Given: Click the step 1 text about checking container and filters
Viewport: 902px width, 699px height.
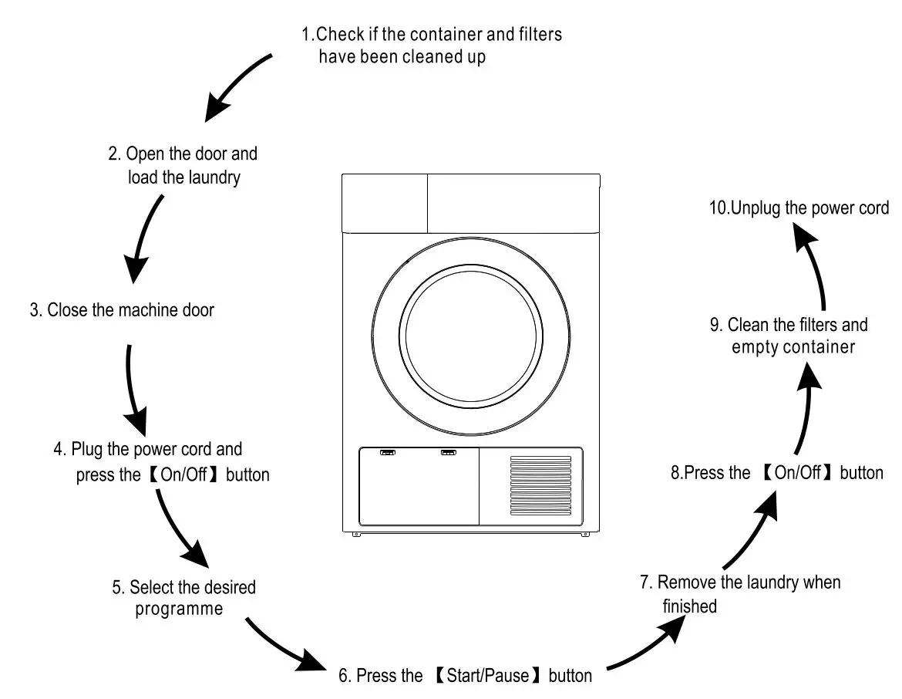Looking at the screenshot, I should point(431,46).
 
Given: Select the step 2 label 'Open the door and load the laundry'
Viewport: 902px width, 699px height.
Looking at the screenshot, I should point(183,165).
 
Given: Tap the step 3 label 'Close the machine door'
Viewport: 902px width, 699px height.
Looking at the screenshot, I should point(122,310).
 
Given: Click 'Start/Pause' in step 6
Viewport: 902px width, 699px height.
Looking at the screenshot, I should point(489,677).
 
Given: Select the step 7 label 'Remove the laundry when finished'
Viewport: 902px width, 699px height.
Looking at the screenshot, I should point(739,593).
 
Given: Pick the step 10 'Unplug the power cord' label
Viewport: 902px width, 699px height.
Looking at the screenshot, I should point(799,208).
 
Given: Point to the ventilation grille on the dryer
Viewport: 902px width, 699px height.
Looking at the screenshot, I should point(540,485).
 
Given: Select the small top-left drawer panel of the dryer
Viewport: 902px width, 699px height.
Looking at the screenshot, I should point(384,202).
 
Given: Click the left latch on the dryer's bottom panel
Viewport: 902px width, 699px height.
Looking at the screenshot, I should point(387,454).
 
